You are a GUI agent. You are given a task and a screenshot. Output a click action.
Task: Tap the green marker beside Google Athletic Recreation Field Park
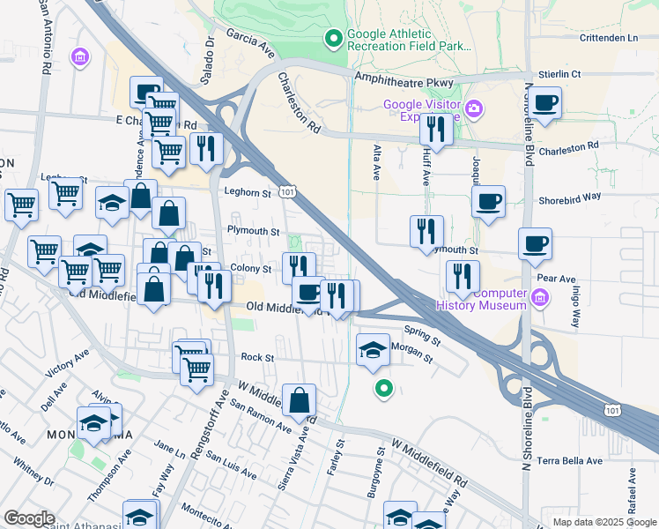(334, 38)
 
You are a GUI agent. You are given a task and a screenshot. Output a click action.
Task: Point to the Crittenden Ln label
(608, 38)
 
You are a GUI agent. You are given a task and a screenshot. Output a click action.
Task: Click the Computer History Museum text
(482, 300)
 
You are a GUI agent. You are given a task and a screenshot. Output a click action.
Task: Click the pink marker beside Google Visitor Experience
(474, 108)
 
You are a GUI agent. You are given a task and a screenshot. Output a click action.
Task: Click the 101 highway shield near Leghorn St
(286, 190)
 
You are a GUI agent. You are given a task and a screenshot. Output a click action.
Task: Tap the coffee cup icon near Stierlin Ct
(544, 101)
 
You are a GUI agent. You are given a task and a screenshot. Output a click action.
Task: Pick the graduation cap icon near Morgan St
(373, 350)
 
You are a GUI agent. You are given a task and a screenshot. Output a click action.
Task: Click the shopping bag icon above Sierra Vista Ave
(300, 399)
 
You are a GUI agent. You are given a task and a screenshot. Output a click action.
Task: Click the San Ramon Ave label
(260, 415)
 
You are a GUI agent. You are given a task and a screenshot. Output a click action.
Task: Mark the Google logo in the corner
(28, 518)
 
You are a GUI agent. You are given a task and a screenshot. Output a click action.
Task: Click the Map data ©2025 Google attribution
(603, 522)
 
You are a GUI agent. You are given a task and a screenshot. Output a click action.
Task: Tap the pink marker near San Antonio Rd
(81, 57)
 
